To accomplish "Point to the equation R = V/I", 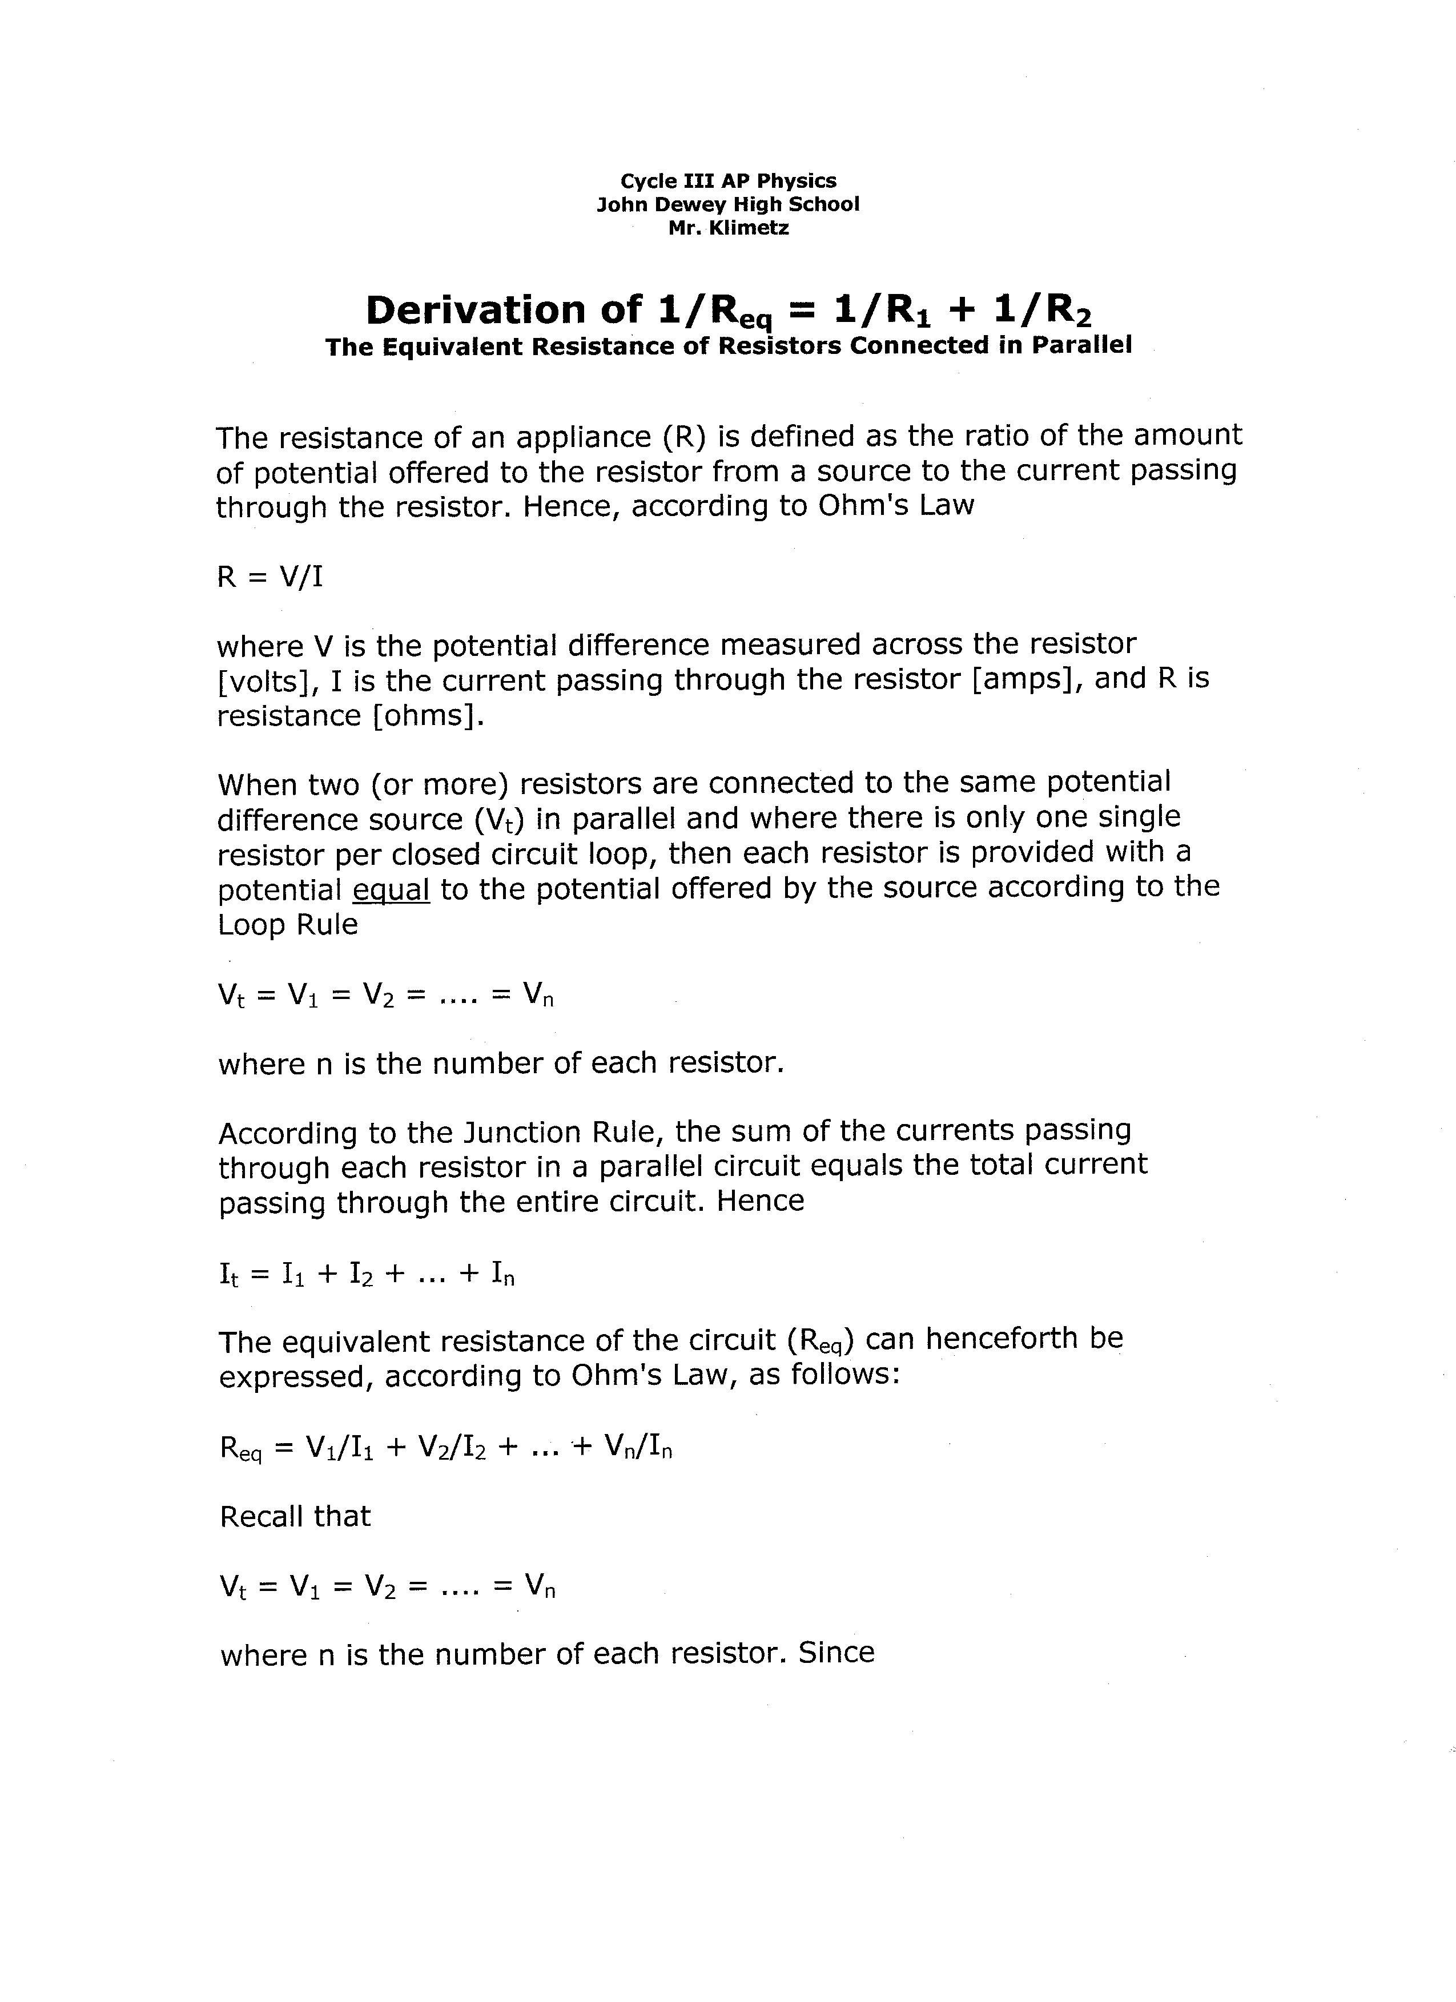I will click(x=270, y=577).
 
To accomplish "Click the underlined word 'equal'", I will click(x=391, y=889).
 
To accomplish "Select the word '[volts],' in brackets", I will click(x=268, y=682).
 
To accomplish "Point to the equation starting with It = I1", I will click(x=367, y=1274).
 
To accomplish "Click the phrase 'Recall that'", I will click(x=295, y=1517).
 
